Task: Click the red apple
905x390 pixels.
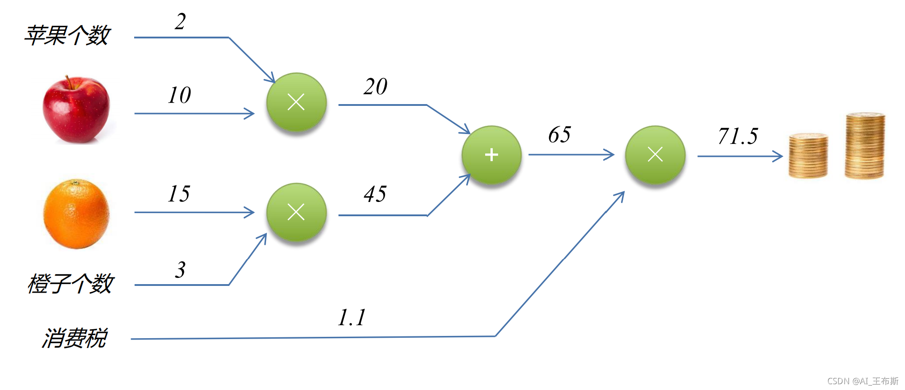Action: coord(76,110)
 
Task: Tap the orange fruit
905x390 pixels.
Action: coord(76,214)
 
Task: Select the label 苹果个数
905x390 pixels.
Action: coord(67,35)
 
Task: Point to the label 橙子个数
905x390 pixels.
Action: coord(71,284)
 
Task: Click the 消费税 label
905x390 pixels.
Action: coord(75,338)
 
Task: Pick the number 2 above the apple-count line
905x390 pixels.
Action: coord(180,21)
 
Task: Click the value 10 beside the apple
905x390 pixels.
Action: coord(179,95)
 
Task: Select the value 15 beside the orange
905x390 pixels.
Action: coord(179,194)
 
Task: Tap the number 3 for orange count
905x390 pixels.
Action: coord(180,270)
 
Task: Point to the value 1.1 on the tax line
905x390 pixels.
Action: coord(352,318)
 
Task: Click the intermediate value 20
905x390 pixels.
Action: coord(375,87)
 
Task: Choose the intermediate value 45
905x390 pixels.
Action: coord(375,194)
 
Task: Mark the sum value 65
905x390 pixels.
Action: coord(559,135)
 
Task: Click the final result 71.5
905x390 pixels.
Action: coord(738,136)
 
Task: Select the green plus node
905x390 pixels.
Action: coord(491,155)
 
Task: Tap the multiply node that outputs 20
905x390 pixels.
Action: coord(296,102)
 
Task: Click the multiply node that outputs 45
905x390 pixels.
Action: coord(296,212)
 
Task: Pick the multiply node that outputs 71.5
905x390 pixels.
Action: coord(655,155)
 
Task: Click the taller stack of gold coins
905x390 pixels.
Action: coord(865,146)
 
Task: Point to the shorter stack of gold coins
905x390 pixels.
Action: coord(808,155)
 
